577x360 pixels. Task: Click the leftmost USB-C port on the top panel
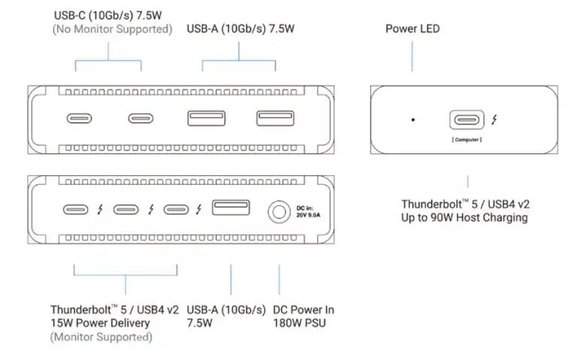[x=80, y=119]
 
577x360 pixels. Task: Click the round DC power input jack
[x=279, y=211]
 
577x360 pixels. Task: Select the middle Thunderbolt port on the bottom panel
[x=126, y=210]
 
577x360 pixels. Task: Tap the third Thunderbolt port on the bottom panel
[x=177, y=210]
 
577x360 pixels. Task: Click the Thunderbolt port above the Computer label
[x=467, y=120]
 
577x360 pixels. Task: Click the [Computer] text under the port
[x=467, y=140]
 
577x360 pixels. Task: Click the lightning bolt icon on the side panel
[x=494, y=120]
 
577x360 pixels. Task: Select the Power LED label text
[x=412, y=29]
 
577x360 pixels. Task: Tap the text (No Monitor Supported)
[x=112, y=29]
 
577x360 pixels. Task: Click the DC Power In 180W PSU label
[x=304, y=316]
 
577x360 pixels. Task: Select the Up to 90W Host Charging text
[x=464, y=217]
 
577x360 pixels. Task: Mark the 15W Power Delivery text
[x=100, y=322]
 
